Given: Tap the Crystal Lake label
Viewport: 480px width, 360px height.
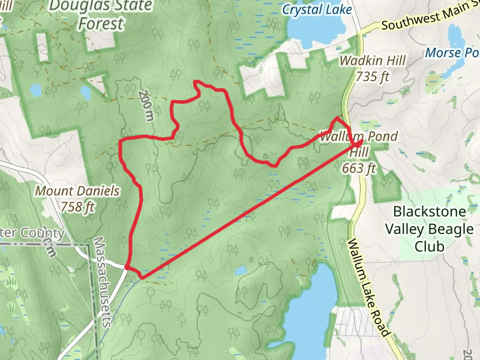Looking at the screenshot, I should click(x=316, y=10).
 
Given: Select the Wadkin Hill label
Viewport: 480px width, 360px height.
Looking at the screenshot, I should click(x=373, y=61).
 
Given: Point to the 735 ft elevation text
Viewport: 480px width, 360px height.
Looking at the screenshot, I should click(x=373, y=76).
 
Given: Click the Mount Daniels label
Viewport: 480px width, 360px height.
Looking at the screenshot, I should click(x=77, y=191).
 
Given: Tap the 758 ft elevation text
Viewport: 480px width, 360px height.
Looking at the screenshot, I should click(x=78, y=207).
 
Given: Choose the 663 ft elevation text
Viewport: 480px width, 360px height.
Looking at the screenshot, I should click(x=358, y=168).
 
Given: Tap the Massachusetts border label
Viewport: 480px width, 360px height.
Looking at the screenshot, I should click(x=101, y=281).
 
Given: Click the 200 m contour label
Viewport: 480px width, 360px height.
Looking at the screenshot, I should click(x=145, y=105).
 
